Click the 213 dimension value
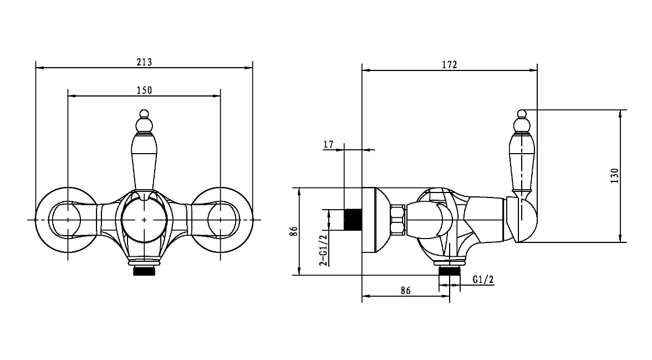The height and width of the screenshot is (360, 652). coord(144,63)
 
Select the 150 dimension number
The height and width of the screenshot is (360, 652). coord(144,90)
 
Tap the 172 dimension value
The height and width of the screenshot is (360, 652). coord(450,65)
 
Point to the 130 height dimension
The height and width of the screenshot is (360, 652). coord(615,175)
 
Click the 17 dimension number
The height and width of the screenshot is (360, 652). coord(328,144)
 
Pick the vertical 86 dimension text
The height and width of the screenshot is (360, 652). coord(294,231)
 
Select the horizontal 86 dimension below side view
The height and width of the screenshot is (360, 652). coord(405,290)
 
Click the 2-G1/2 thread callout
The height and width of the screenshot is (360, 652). coord(323,249)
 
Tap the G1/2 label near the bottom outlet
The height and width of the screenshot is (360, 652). coord(483,279)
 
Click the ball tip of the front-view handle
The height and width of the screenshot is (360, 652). coord(144,114)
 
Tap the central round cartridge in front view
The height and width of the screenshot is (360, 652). coord(144,219)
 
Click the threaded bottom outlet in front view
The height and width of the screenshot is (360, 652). coord(144,271)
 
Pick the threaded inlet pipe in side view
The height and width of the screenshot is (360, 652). coord(353,219)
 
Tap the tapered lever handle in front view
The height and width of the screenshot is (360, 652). coord(144,158)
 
